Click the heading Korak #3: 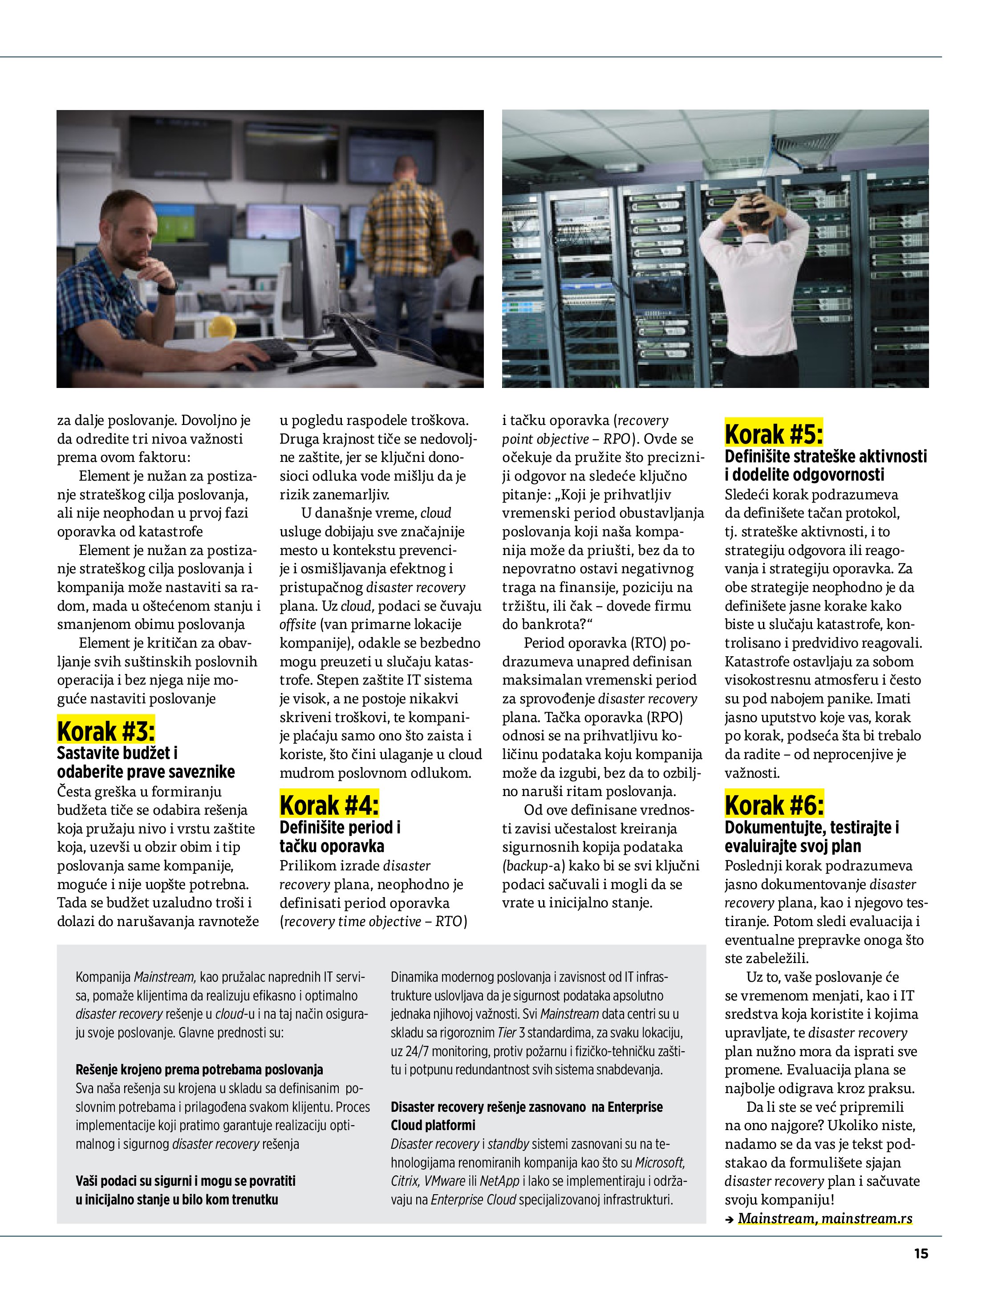coord(106,731)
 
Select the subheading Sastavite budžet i coord(117,753)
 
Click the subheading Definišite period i coord(340,827)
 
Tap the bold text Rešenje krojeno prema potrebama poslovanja coord(199,1069)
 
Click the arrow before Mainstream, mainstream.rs coord(730,1219)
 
